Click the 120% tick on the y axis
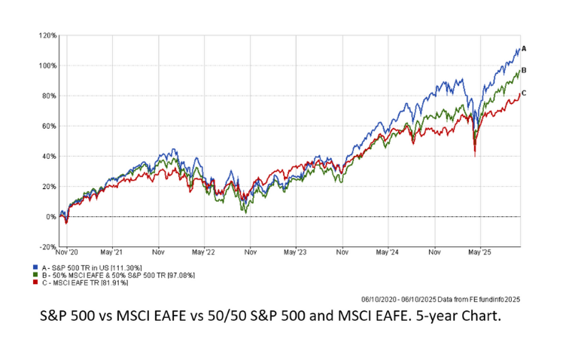pyautogui.click(x=48, y=35)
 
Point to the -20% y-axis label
pyautogui.click(x=48, y=247)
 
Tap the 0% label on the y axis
pyautogui.click(x=51, y=217)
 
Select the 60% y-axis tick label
pyautogui.click(x=49, y=126)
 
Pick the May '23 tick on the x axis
pyautogui.click(x=296, y=254)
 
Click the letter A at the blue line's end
pyautogui.click(x=523, y=48)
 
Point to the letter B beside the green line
pyautogui.click(x=523, y=70)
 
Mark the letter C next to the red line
pyautogui.click(x=523, y=93)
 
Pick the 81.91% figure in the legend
pyautogui.click(x=114, y=282)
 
